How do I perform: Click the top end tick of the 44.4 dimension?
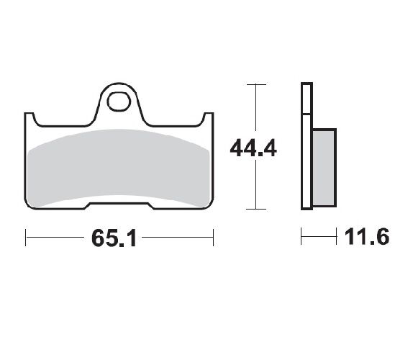(x=253, y=85)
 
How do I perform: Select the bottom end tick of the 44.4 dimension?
(x=253, y=210)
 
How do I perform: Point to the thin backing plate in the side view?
(x=306, y=144)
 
